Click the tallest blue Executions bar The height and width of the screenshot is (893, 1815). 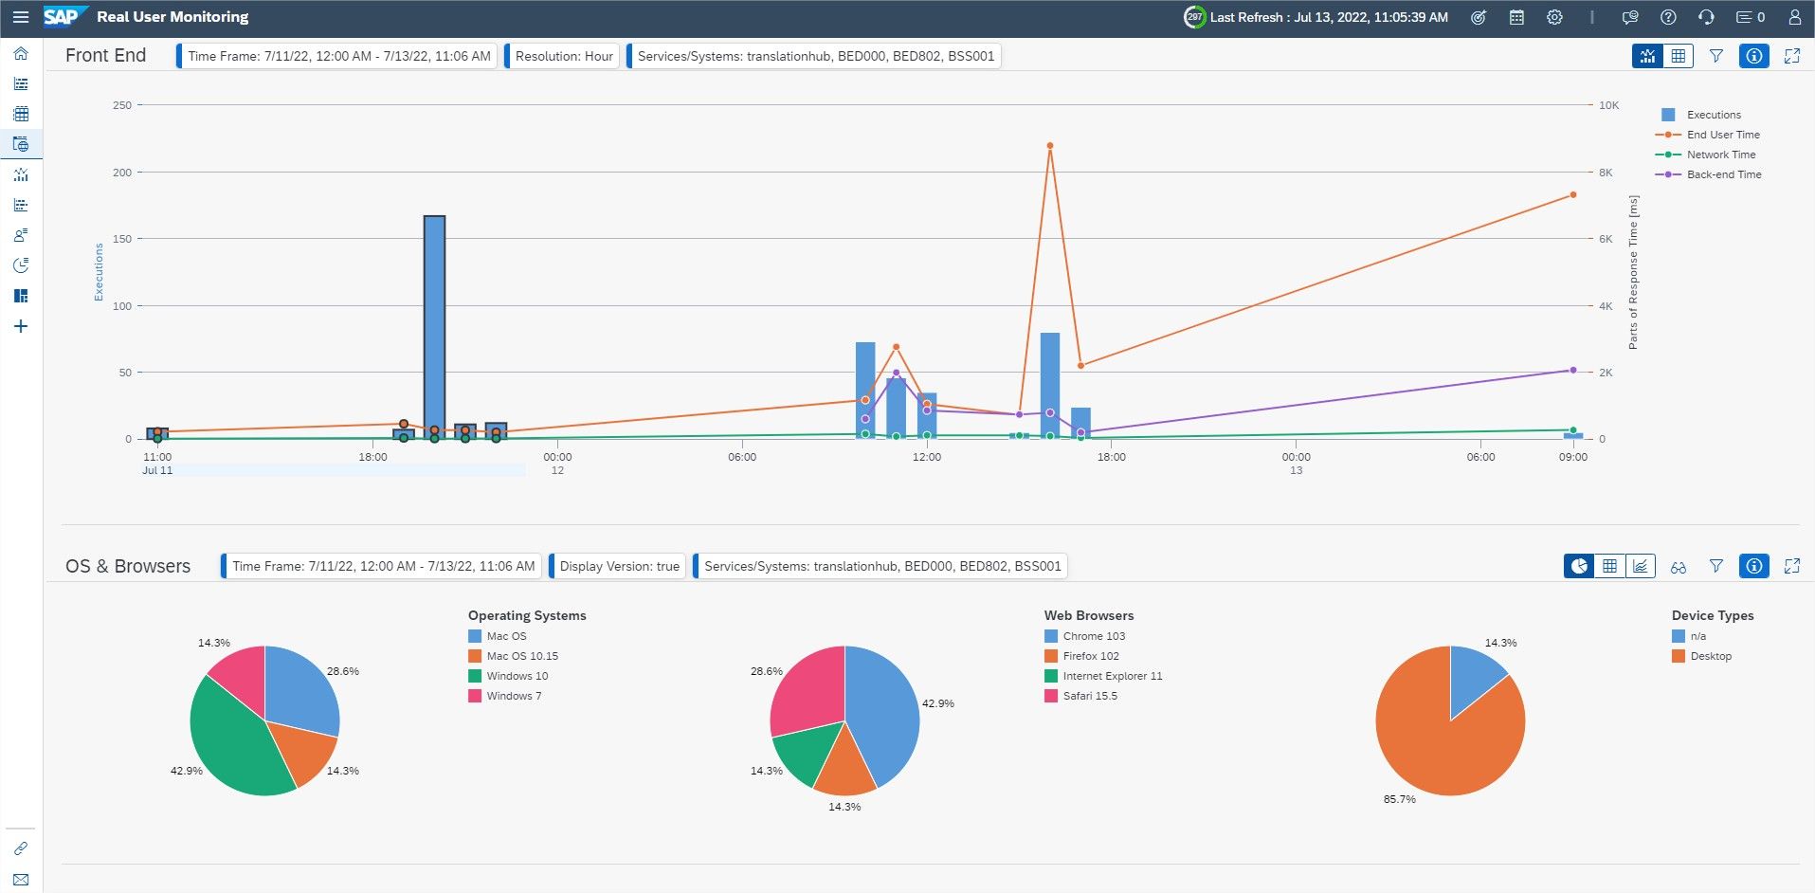pos(434,327)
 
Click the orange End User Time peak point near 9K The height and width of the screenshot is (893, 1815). pos(1050,146)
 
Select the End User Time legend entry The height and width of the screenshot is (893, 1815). pos(1707,135)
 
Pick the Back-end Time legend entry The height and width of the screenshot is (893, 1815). pos(1708,174)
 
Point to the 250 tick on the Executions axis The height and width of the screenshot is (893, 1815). pos(122,105)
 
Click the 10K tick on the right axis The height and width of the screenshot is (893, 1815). pos(1608,105)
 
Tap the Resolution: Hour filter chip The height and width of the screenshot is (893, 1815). pos(563,56)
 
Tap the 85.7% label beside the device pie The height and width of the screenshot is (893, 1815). pos(1399,799)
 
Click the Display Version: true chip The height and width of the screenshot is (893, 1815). pos(618,566)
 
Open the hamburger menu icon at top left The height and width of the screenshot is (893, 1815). pos(20,17)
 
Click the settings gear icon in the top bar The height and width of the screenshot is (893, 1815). pos(1554,17)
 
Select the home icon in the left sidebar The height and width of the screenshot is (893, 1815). pos(21,54)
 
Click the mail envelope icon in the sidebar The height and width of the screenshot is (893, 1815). pos(21,880)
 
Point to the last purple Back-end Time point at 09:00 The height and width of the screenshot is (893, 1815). pos(1573,371)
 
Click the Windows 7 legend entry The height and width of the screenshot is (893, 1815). pos(505,696)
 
